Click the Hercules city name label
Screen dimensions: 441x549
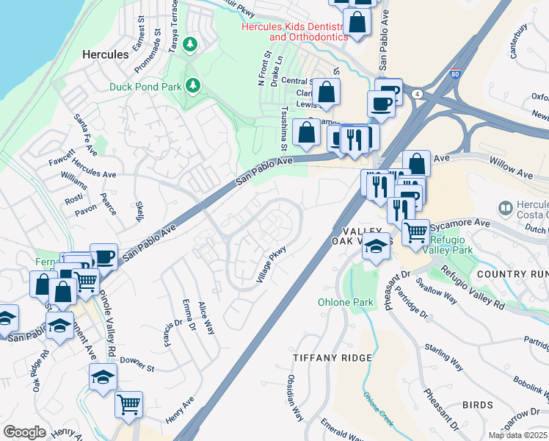coord(105,54)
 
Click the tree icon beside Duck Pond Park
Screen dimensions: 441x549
coord(194,86)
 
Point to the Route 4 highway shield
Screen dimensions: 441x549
coord(416,94)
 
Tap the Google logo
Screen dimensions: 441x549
coord(24,431)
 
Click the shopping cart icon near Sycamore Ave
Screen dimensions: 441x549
coord(416,232)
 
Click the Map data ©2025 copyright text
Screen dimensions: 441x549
coord(518,435)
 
